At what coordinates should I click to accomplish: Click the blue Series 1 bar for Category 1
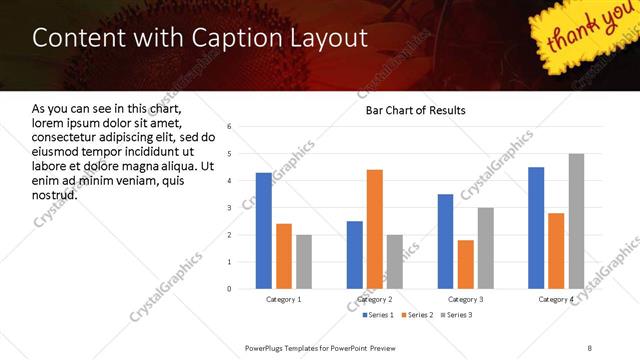(x=264, y=230)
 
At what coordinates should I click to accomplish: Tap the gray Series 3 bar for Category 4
(x=576, y=221)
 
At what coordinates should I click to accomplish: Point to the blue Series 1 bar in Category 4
(x=536, y=227)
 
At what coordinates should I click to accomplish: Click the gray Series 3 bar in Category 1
(x=304, y=262)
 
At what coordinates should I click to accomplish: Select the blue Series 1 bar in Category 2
(x=355, y=255)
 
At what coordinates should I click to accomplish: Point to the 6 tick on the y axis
(x=229, y=127)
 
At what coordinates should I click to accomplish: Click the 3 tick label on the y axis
(x=229, y=208)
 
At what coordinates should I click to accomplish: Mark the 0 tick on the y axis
(x=229, y=289)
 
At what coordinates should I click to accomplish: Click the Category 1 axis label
(x=284, y=299)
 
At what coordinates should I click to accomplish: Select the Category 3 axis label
(x=465, y=299)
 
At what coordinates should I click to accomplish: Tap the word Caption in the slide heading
(x=226, y=38)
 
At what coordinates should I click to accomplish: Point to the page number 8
(x=589, y=347)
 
